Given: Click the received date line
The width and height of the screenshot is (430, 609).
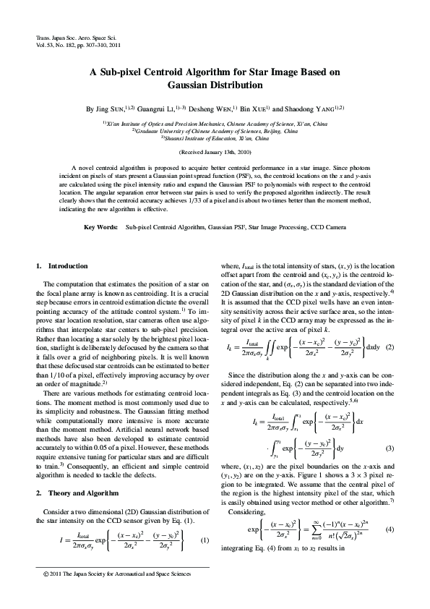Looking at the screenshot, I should coord(215,152).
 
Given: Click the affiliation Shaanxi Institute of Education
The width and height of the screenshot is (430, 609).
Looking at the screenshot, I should coord(215,137).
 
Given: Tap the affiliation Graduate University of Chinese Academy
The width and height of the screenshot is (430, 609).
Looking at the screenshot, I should coord(215,131).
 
